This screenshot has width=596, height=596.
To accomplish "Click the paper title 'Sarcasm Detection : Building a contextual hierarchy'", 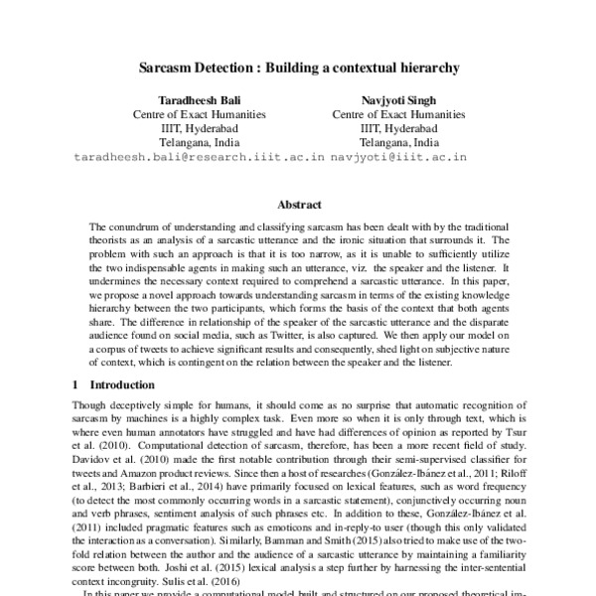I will click(298, 71).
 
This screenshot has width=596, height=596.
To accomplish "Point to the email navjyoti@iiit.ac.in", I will click(399, 157).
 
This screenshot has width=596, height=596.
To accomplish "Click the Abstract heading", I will click(298, 205).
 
